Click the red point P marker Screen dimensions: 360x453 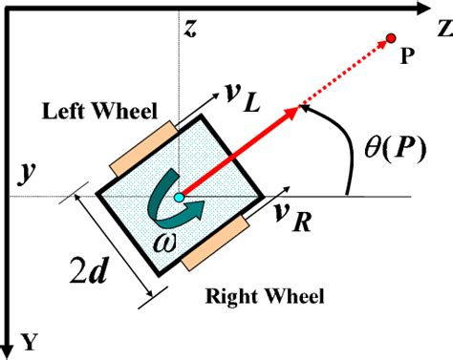coord(390,38)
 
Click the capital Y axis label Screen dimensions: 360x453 coord(28,341)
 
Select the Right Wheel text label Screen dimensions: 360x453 coord(265,295)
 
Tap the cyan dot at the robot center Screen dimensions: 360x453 coord(179,198)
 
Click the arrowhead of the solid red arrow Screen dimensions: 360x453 coord(291,114)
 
